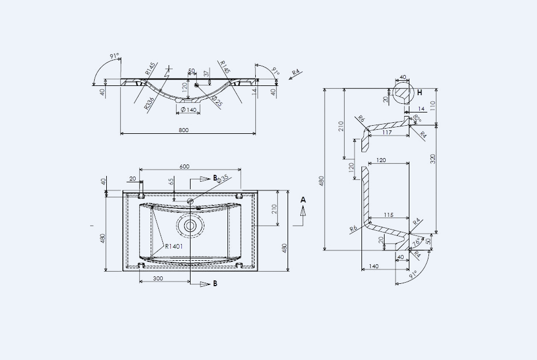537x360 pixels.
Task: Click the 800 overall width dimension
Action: (x=184, y=130)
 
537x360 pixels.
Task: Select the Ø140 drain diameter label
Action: (x=189, y=110)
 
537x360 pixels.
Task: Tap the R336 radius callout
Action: (x=150, y=103)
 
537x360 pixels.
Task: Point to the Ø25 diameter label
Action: (x=217, y=102)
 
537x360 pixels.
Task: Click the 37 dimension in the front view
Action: (x=206, y=74)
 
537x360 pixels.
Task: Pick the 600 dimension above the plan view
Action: (x=184, y=166)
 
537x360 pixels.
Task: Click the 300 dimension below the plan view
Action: (x=158, y=278)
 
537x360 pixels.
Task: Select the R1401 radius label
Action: (x=174, y=246)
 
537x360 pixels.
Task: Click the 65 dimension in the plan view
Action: (x=171, y=181)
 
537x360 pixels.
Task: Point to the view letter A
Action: (x=303, y=200)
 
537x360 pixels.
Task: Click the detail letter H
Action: (x=420, y=92)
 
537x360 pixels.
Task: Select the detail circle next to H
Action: (x=404, y=91)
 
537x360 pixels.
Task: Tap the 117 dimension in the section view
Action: (x=387, y=133)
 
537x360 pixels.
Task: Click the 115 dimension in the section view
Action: (x=388, y=215)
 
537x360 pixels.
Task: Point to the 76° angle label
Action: (x=416, y=242)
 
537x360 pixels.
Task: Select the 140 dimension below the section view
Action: (x=373, y=266)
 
